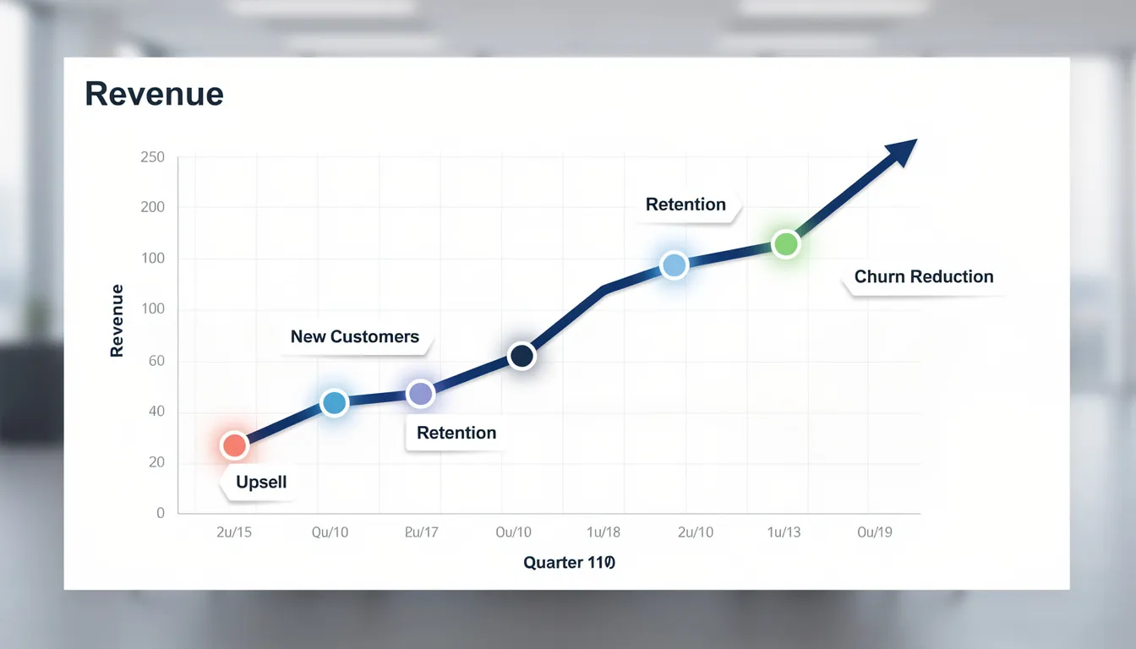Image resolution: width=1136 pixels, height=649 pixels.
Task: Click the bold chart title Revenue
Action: tap(154, 94)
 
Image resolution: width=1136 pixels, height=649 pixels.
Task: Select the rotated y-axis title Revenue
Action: tap(117, 320)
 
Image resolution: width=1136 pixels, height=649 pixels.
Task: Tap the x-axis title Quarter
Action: tap(569, 562)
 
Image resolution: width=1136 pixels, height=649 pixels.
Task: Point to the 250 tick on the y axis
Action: tap(152, 158)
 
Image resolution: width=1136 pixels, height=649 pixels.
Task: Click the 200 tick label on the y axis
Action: tap(152, 207)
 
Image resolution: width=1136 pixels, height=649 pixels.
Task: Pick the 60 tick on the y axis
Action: tap(156, 361)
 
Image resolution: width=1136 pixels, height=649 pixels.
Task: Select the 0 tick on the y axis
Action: tap(160, 513)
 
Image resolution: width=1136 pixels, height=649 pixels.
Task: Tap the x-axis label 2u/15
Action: tap(234, 532)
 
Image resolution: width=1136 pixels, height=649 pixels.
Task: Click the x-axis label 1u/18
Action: tap(603, 532)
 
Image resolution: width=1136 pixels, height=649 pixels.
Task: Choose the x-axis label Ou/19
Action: tap(874, 532)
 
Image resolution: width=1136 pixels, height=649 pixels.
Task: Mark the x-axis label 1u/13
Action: tap(783, 532)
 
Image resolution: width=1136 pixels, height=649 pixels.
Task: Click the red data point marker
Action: tap(234, 445)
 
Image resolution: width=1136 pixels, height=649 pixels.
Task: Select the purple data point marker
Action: tap(420, 393)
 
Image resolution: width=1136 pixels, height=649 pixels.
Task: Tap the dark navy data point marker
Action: tap(522, 356)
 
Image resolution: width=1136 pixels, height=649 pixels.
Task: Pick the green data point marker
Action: tap(786, 244)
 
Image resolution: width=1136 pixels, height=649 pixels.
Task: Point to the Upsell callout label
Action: tap(261, 483)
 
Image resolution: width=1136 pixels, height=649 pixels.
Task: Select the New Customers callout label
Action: tap(354, 336)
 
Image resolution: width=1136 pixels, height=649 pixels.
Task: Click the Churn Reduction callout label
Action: tap(923, 276)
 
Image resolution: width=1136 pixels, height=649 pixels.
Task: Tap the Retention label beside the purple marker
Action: tap(456, 433)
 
